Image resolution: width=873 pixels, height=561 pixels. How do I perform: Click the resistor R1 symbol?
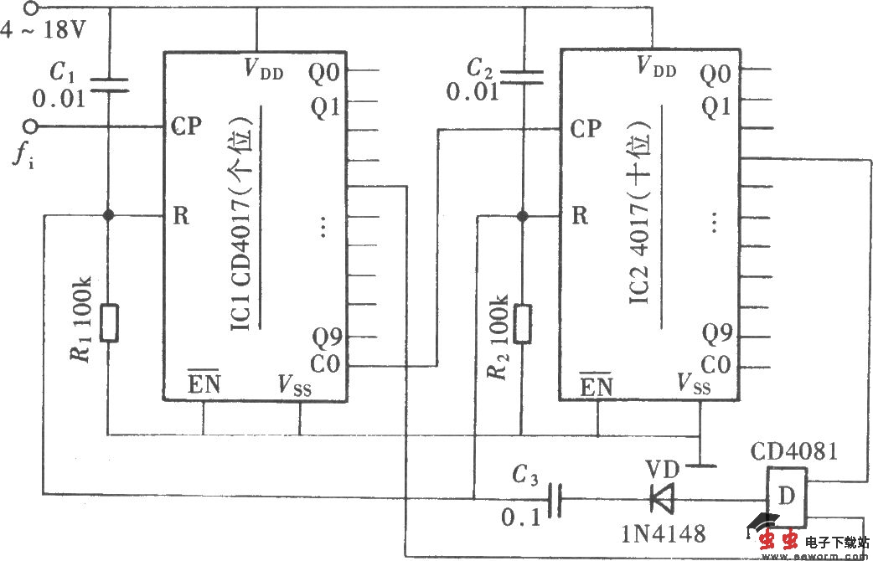(x=109, y=323)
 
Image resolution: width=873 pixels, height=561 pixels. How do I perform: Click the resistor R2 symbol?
(x=523, y=323)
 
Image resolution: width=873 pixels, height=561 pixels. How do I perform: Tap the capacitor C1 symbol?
(x=109, y=83)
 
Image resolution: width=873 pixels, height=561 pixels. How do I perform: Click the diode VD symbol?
(x=660, y=500)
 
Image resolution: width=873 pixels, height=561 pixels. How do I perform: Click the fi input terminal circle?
(x=31, y=126)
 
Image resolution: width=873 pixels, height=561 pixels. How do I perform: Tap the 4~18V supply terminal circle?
(x=31, y=9)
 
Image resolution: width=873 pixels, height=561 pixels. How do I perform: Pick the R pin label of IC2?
(x=579, y=215)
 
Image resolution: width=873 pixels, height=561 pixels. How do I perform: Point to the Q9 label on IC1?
(x=327, y=338)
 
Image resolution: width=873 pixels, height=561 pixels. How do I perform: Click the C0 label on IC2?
(x=715, y=366)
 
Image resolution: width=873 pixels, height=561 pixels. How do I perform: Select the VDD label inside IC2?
(x=656, y=66)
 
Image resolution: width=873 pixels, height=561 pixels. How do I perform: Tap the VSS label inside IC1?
(x=294, y=384)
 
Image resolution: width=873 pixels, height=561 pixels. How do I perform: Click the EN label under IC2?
(x=596, y=386)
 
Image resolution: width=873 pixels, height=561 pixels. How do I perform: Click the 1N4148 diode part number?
(x=664, y=533)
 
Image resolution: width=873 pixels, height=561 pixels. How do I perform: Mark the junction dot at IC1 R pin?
(x=109, y=215)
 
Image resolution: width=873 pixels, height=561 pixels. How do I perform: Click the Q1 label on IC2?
(x=715, y=106)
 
